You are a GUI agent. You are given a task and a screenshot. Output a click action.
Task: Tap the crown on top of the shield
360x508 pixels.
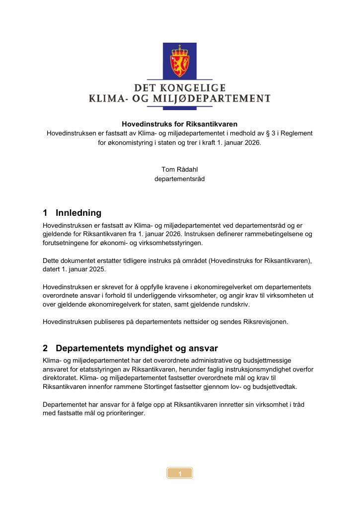[x=180, y=50]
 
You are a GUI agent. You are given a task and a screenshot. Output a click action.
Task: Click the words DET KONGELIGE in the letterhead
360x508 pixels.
[x=179, y=88]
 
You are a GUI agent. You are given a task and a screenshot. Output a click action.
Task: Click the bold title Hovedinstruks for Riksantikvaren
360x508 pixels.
[x=180, y=124]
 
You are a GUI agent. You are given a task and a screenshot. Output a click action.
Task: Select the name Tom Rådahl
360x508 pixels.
[x=180, y=170]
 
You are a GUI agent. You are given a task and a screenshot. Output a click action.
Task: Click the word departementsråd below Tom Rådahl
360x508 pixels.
[x=180, y=179]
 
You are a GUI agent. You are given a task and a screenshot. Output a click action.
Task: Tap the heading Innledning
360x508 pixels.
[x=78, y=213]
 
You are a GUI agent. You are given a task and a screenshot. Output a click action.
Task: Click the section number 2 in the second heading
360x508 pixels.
[x=45, y=348]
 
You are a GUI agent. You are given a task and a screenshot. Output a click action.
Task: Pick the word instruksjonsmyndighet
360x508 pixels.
[x=247, y=369]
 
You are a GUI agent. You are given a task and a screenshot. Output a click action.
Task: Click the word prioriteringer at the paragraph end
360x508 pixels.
[x=122, y=414]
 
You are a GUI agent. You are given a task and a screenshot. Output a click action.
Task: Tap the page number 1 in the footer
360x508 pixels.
[x=180, y=473]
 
